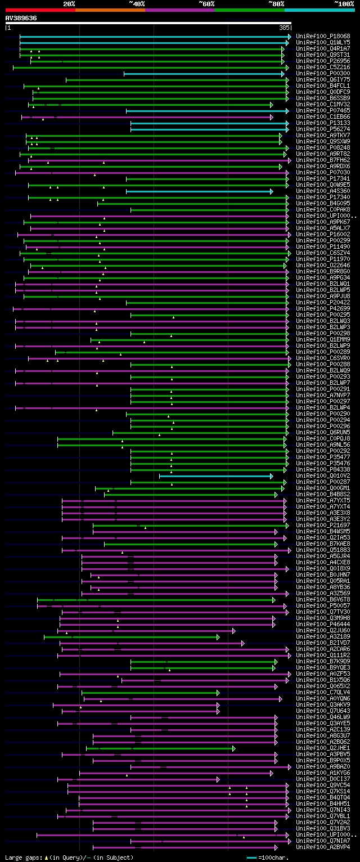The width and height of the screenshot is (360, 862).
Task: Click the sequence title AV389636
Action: click(x=21, y=18)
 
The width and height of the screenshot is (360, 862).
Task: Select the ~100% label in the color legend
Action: click(x=344, y=4)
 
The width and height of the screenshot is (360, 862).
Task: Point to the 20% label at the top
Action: click(x=69, y=4)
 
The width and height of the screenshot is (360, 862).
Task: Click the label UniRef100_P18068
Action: click(x=323, y=36)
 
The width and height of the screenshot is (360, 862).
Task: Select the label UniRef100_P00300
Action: click(x=323, y=73)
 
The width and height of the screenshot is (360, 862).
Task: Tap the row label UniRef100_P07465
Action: click(x=323, y=110)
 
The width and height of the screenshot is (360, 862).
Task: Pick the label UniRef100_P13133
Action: click(x=323, y=123)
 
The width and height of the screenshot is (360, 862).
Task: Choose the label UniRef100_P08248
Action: click(x=323, y=147)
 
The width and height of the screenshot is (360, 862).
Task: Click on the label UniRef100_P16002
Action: click(x=323, y=234)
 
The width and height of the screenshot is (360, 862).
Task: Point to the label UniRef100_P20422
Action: click(x=323, y=302)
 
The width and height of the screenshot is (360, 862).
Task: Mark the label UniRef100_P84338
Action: click(x=323, y=469)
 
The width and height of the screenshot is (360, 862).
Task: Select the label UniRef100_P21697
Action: click(x=323, y=525)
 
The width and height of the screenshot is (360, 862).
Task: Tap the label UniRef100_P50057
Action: click(x=323, y=605)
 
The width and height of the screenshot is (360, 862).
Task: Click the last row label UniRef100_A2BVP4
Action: click(x=323, y=847)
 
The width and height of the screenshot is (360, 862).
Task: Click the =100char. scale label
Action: click(x=276, y=857)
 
